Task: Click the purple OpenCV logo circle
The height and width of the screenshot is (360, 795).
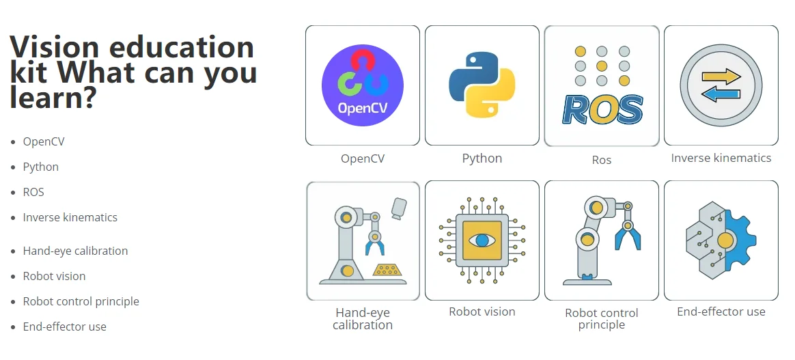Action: tap(362, 85)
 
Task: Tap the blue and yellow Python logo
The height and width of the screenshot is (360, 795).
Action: tap(482, 85)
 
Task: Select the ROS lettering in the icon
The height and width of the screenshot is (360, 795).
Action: tap(602, 109)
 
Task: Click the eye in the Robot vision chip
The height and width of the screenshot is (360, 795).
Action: tap(482, 240)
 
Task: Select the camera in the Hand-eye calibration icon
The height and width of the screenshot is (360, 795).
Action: tap(398, 208)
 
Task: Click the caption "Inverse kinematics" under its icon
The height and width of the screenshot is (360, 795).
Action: tap(721, 158)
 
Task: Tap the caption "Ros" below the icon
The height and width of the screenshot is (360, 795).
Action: tap(602, 160)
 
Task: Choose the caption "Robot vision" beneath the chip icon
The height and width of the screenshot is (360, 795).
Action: tap(482, 311)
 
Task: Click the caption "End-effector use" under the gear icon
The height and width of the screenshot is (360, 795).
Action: tap(721, 311)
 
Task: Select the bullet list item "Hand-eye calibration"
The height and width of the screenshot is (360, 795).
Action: tap(75, 251)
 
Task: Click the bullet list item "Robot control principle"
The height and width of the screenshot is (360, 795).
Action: tap(81, 301)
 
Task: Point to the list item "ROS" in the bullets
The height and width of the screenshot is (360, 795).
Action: tap(33, 192)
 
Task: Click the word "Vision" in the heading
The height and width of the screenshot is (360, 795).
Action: tap(55, 48)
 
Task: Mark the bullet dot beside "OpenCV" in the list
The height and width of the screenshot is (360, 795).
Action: tap(13, 142)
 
